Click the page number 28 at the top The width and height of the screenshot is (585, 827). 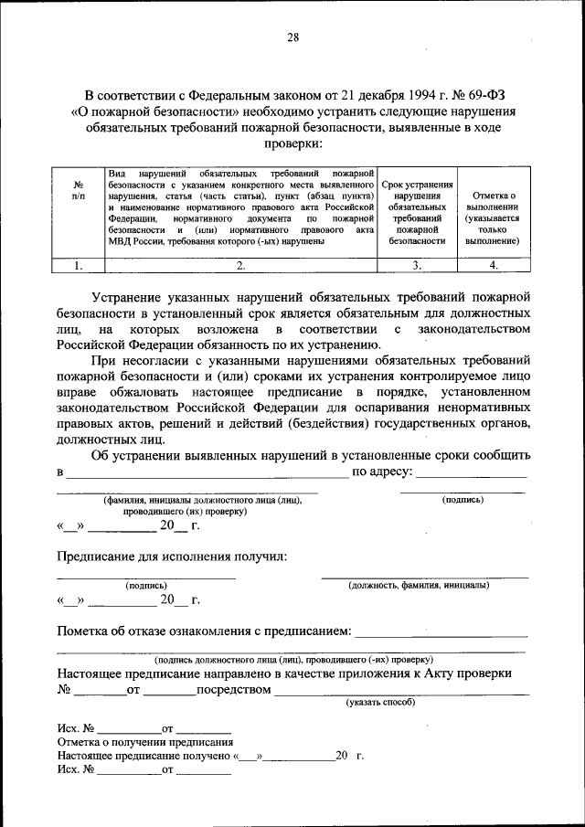click(292, 37)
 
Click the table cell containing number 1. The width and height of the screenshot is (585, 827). click(78, 266)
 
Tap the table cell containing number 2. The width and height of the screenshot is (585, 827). click(240, 266)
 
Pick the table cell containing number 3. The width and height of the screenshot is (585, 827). click(416, 266)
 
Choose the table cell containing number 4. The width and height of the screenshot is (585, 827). click(493, 266)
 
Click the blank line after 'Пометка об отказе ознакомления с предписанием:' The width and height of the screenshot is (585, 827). click(441, 634)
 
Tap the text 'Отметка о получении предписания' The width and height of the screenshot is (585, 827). click(144, 742)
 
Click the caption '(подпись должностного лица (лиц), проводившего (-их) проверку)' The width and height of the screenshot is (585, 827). click(293, 658)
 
